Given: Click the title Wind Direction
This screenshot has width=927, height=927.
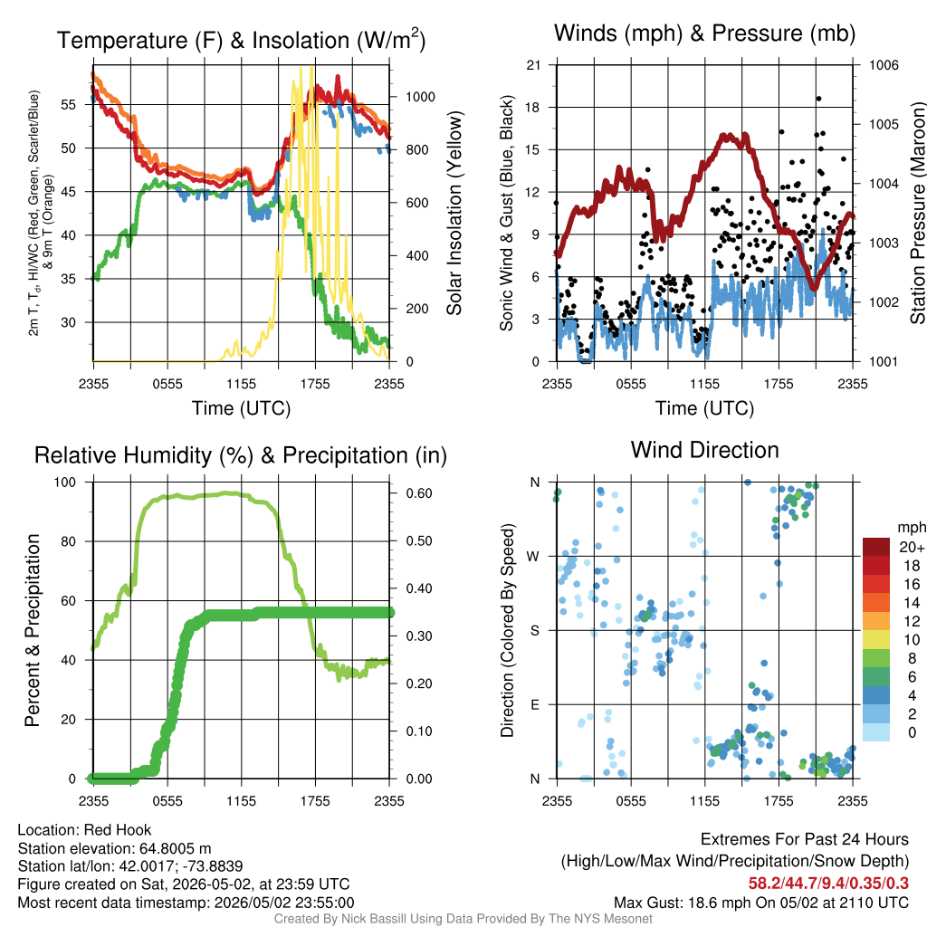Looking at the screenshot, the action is [704, 451].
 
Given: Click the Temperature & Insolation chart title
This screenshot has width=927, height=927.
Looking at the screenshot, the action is [241, 40].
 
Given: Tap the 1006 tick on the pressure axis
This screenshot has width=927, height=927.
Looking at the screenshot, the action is [884, 65].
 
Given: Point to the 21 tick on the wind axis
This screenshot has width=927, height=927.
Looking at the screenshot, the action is [533, 65].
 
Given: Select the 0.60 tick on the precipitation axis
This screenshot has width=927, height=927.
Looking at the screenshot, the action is [418, 493].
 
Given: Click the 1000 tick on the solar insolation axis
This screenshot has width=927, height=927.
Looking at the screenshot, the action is [420, 97].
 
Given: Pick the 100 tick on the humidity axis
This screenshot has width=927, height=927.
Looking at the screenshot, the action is [65, 483].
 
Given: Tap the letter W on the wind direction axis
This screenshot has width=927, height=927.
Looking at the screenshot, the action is [533, 557].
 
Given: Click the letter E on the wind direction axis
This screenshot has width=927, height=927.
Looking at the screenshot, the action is [535, 704].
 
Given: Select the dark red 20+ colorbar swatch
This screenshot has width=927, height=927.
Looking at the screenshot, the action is [876, 547].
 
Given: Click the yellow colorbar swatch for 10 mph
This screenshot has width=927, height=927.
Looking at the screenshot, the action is [876, 640].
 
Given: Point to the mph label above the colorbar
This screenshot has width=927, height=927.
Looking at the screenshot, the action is [911, 528].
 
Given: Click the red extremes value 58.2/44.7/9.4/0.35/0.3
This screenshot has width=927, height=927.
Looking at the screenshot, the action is [828, 884].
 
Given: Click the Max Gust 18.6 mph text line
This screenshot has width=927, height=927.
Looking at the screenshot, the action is [760, 903].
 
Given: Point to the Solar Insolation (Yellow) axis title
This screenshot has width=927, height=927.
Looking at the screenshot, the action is [454, 214].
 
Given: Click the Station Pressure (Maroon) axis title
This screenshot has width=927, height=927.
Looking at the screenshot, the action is [918, 214].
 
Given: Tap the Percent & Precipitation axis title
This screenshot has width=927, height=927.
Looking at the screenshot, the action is [33, 630].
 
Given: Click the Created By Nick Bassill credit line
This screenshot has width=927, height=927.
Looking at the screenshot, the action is [463, 919].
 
